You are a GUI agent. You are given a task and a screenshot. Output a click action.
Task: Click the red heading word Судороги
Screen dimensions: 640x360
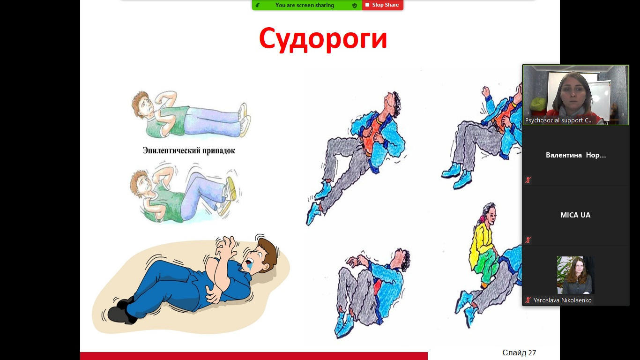(x=323, y=39)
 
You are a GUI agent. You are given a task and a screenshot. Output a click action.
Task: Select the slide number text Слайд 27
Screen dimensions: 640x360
(x=519, y=352)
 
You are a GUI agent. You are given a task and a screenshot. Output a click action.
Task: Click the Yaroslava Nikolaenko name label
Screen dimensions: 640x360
(x=562, y=300)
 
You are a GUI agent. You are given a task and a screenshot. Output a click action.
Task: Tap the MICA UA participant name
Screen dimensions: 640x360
(x=575, y=215)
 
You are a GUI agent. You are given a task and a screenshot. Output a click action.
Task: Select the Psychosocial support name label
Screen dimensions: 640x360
(x=559, y=120)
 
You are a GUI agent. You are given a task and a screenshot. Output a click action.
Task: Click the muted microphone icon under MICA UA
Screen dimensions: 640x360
(x=528, y=240)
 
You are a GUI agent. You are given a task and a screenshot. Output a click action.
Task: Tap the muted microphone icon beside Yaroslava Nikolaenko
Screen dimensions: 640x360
(x=528, y=300)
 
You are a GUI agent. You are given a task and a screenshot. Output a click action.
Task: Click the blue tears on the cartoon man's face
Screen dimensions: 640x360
(x=251, y=267)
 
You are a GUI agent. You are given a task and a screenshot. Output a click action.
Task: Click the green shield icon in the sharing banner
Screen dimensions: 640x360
(x=355, y=5)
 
